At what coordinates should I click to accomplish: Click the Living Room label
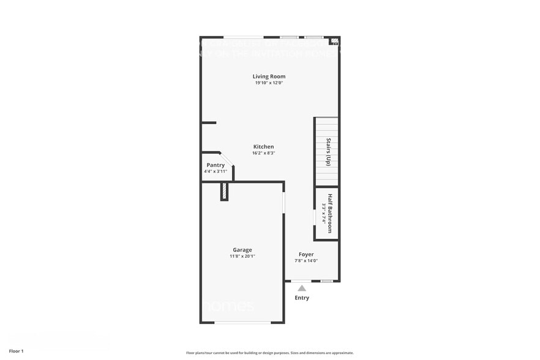[x=269, y=77]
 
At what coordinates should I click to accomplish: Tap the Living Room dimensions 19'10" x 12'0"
[x=269, y=83]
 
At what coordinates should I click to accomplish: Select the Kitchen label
[x=264, y=147]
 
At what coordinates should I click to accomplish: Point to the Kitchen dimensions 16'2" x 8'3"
[x=264, y=153]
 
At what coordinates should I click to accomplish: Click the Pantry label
[x=216, y=165]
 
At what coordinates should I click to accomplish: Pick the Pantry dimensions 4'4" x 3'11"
[x=216, y=171]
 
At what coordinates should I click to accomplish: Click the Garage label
[x=242, y=250]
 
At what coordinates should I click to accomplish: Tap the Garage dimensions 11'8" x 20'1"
[x=242, y=256]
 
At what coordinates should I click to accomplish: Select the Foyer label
[x=306, y=255]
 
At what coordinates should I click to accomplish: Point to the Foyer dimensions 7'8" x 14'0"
[x=306, y=261]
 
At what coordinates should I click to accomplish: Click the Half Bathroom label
[x=329, y=213]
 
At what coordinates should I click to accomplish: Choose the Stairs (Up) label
[x=329, y=152]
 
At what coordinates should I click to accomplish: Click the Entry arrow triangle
[x=302, y=288]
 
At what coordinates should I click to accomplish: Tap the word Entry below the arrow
[x=302, y=298]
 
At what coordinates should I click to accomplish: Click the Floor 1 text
[x=17, y=351]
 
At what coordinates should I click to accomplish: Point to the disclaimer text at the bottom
[x=270, y=353]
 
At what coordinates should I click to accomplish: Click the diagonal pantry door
[x=227, y=160]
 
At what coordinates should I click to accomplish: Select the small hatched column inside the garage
[x=225, y=191]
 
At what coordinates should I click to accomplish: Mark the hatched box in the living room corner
[x=334, y=41]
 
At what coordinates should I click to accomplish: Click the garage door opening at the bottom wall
[x=242, y=323]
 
